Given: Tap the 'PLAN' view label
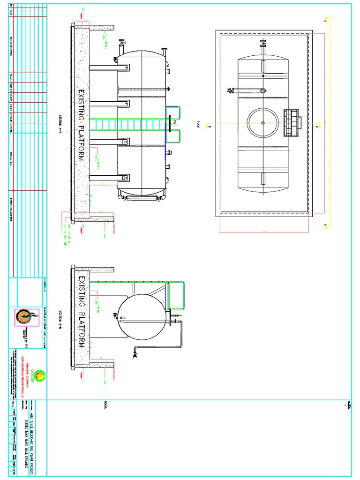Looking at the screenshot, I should (x=198, y=124).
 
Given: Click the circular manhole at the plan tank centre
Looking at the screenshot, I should (x=263, y=123).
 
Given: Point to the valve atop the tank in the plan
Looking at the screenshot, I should (x=262, y=45).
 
